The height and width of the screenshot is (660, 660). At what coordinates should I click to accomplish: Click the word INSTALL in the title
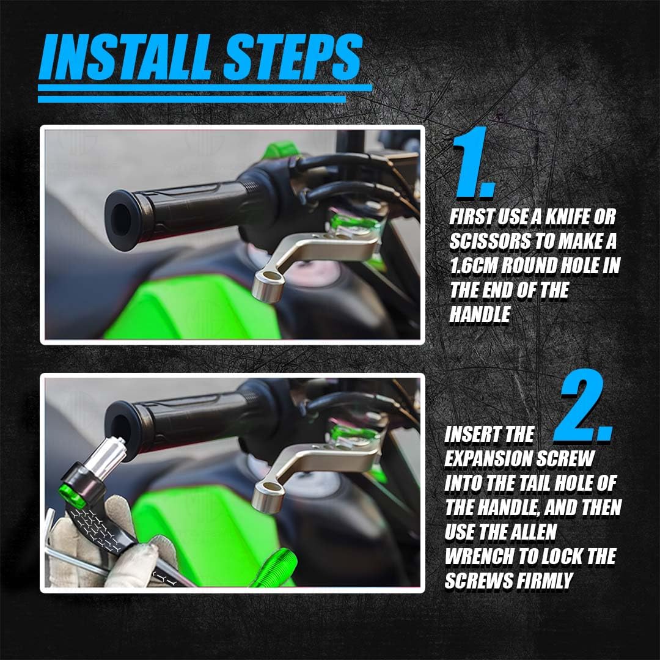pyautogui.click(x=125, y=57)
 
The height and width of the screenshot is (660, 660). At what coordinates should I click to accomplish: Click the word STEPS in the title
pyautogui.click(x=293, y=57)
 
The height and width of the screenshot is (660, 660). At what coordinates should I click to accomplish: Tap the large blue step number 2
pyautogui.click(x=583, y=405)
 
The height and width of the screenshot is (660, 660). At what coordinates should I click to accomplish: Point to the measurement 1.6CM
pyautogui.click(x=473, y=266)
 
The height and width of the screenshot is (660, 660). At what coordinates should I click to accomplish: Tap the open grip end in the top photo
pyautogui.click(x=121, y=220)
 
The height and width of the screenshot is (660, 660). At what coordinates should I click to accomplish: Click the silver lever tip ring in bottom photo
pyautogui.click(x=268, y=497)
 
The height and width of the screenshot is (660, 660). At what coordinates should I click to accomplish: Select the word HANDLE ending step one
pyautogui.click(x=480, y=315)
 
